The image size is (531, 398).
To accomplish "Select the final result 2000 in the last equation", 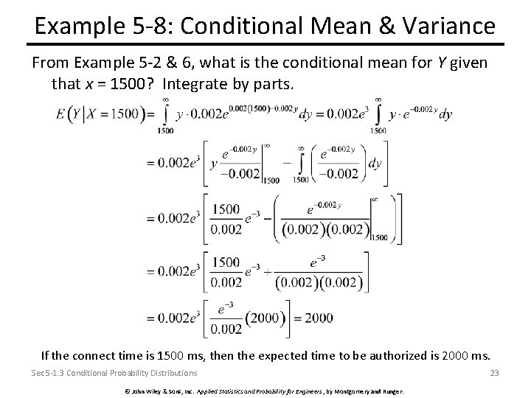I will point(318,318).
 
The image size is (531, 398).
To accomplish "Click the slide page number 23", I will point(494,373).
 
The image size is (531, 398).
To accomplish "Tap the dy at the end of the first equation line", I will point(445,114).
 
